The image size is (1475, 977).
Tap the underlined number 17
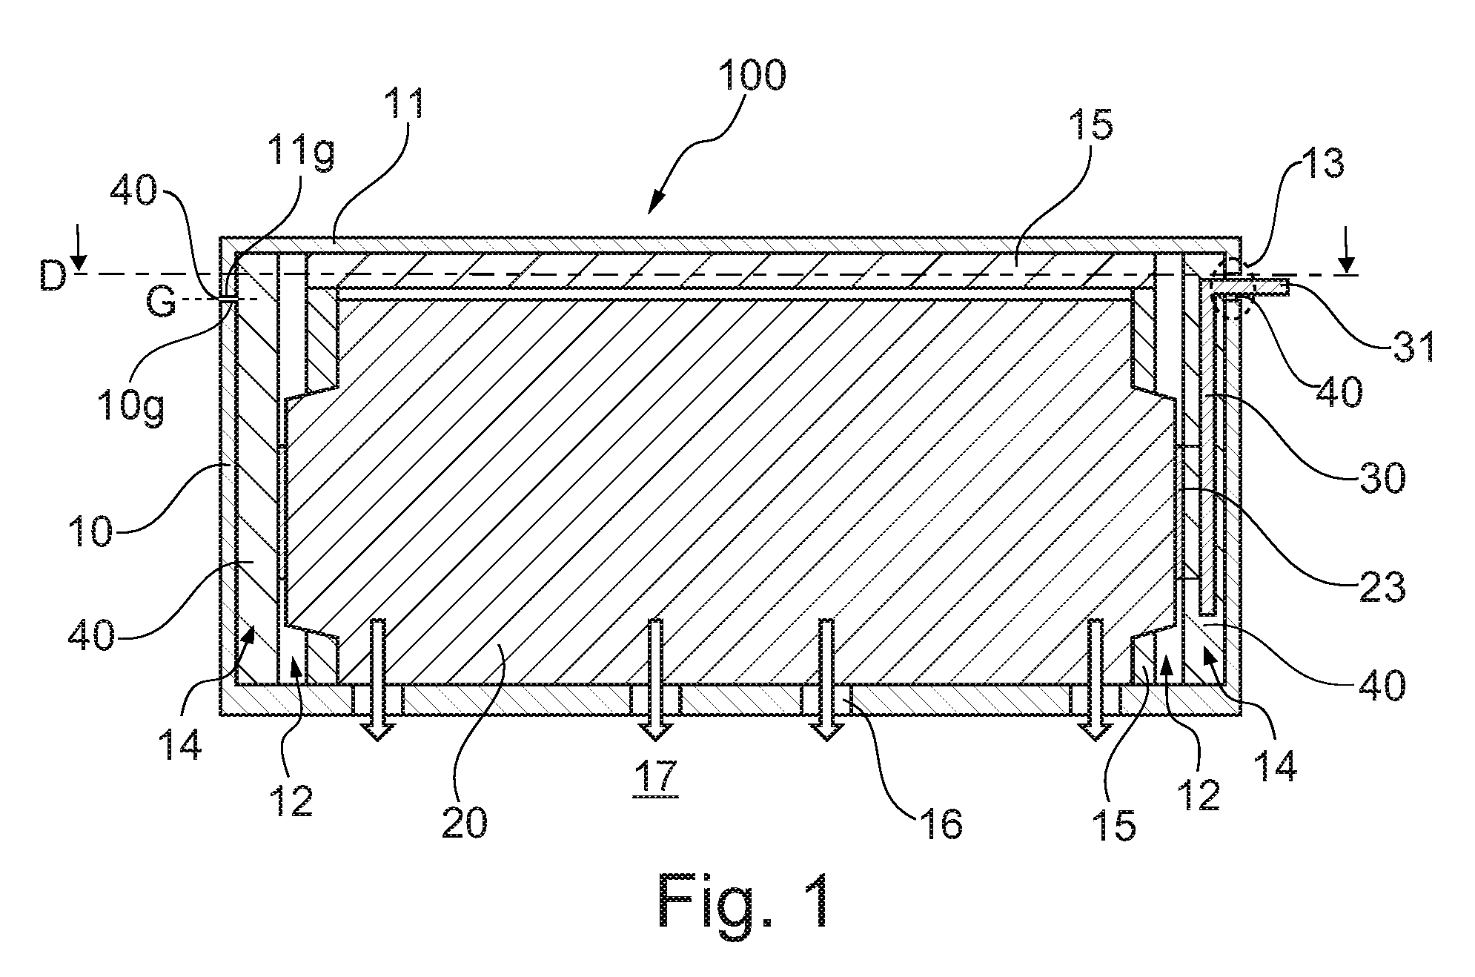coord(655,776)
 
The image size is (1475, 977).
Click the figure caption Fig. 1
coord(742,901)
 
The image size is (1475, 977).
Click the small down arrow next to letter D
coord(80,263)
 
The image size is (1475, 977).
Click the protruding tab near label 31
coord(1252,286)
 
